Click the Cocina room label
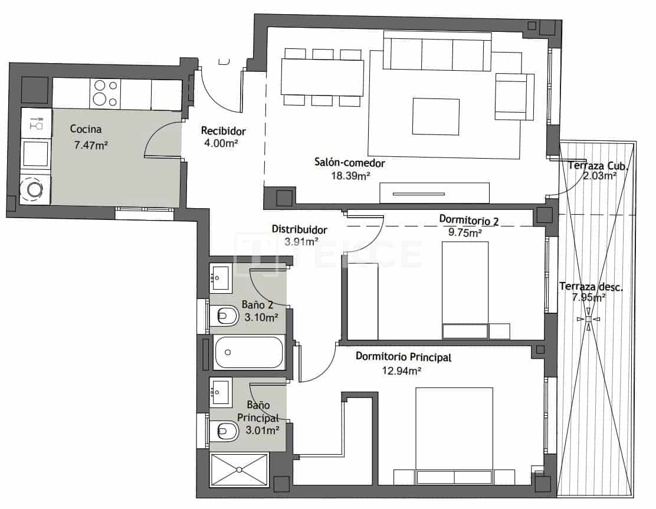pyautogui.click(x=86, y=129)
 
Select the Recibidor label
pyautogui.click(x=223, y=130)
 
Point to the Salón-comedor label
pyautogui.click(x=349, y=163)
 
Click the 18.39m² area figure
pyautogui.click(x=350, y=175)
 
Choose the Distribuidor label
pyautogui.click(x=299, y=229)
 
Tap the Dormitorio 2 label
pyautogui.click(x=469, y=220)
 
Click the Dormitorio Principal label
pyautogui.click(x=404, y=356)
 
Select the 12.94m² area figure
pyautogui.click(x=402, y=371)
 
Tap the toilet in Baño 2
pyautogui.click(x=222, y=317)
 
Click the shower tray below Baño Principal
pyautogui.click(x=240, y=469)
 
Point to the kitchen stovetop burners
pyautogui.click(x=104, y=93)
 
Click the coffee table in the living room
pyautogui.click(x=436, y=116)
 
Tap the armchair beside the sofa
pyautogui.click(x=512, y=96)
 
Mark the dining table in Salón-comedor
pyautogui.click(x=323, y=77)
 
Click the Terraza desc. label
pyautogui.click(x=591, y=287)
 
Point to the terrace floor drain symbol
pyautogui.click(x=588, y=319)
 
